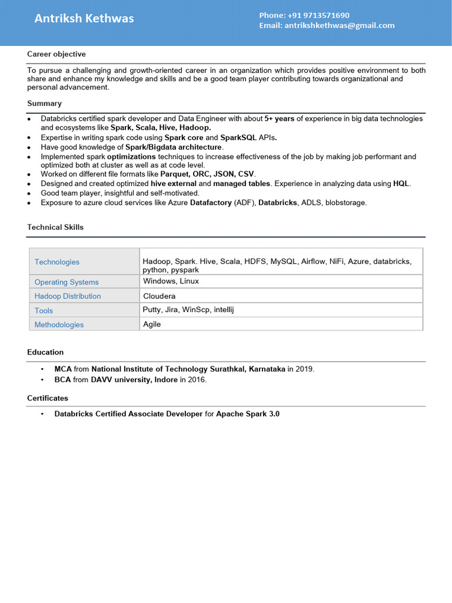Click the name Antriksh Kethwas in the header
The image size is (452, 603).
pos(84,19)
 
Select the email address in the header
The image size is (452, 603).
pos(339,25)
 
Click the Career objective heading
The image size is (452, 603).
pos(56,54)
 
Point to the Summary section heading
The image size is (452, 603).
pos(44,104)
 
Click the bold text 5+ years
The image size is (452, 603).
pos(279,119)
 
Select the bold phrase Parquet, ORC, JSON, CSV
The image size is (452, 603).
pos(207,174)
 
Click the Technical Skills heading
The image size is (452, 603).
pos(55,227)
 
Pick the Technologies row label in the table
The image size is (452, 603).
pos(57,262)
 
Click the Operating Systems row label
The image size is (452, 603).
pos(67,282)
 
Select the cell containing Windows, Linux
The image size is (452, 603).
pos(171,281)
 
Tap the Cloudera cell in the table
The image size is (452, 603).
pos(159,296)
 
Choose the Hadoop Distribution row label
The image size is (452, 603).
pos(68,296)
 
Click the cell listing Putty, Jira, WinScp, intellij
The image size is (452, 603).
pos(188,310)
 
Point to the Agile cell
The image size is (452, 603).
pos(152,324)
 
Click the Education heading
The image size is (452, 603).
pos(45,352)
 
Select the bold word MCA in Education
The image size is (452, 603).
pos(63,369)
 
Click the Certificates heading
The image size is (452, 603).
pos(48,398)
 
